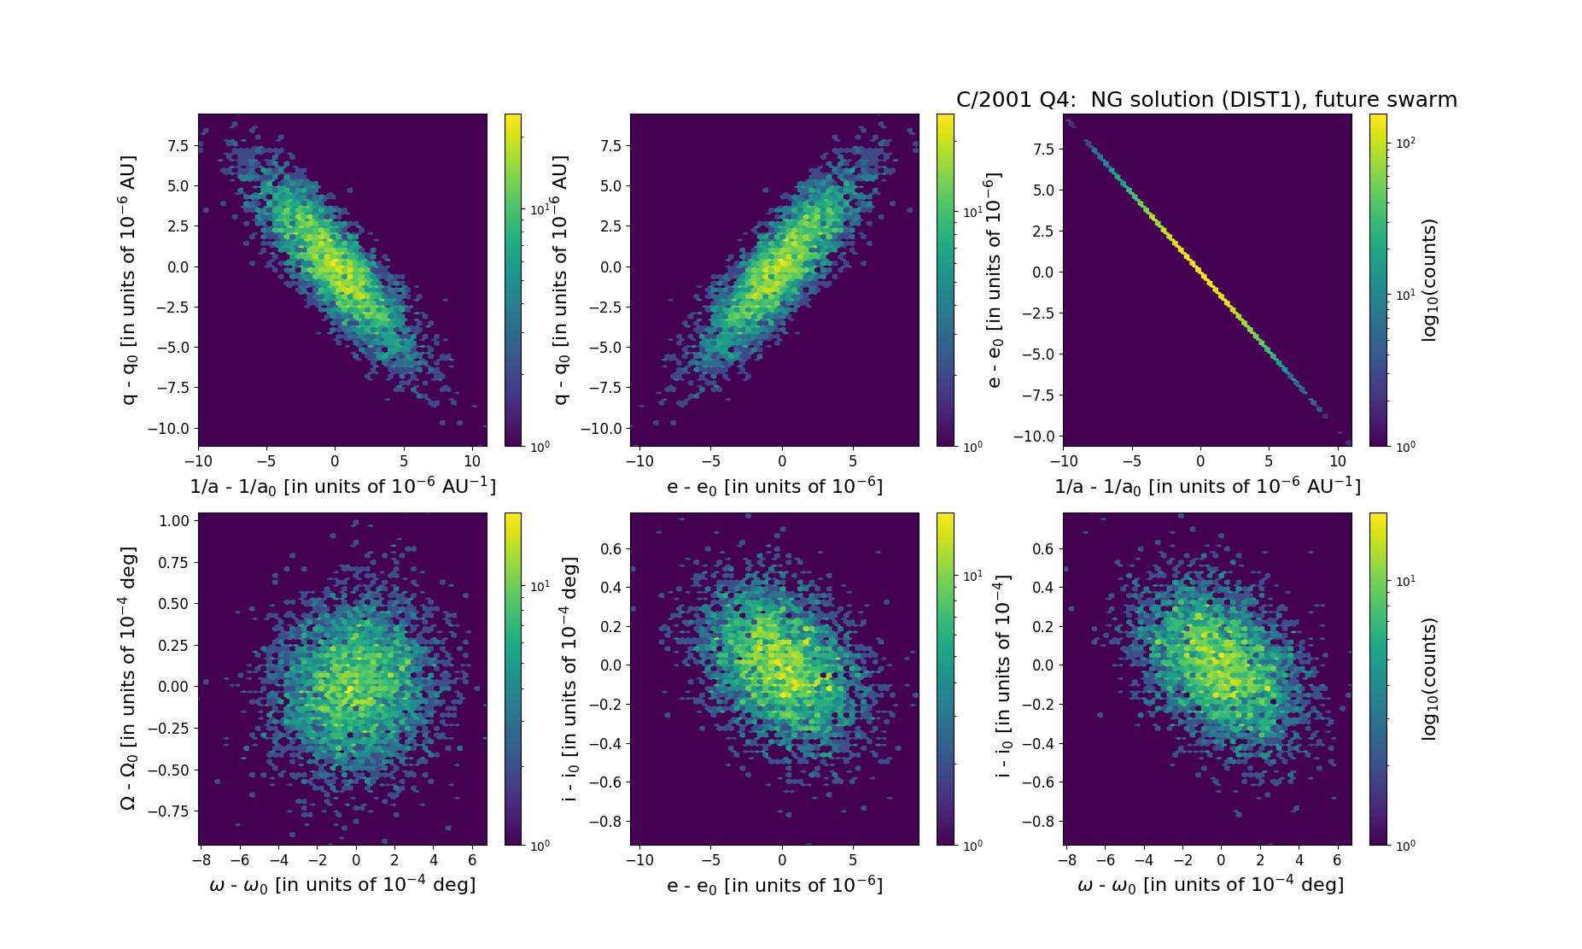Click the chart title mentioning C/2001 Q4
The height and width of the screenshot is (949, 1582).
[x=1205, y=100]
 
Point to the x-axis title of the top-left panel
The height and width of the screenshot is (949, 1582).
[x=342, y=486]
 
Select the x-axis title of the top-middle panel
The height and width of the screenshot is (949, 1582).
[x=774, y=486]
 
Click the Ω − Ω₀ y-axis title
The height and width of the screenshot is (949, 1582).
[x=128, y=679]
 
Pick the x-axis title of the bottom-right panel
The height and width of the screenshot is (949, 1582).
[x=1210, y=885]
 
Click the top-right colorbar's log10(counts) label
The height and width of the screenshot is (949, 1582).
[x=1429, y=280]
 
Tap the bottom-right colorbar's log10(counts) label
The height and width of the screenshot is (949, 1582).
[x=1429, y=679]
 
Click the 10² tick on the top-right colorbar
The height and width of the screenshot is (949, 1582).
[x=1405, y=144]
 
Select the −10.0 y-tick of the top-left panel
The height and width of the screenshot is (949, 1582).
[x=169, y=428]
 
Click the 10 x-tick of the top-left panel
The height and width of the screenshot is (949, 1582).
[x=472, y=461]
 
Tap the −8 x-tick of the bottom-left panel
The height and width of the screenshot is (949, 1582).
[x=201, y=860]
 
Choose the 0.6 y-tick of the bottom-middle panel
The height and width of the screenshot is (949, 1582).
[x=610, y=548]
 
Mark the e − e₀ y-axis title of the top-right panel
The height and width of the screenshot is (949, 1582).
[x=995, y=280]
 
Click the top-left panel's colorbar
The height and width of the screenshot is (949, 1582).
[x=513, y=280]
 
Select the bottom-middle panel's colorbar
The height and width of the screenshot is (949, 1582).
[x=945, y=679]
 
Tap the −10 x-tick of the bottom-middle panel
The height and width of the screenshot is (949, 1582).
[x=639, y=860]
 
